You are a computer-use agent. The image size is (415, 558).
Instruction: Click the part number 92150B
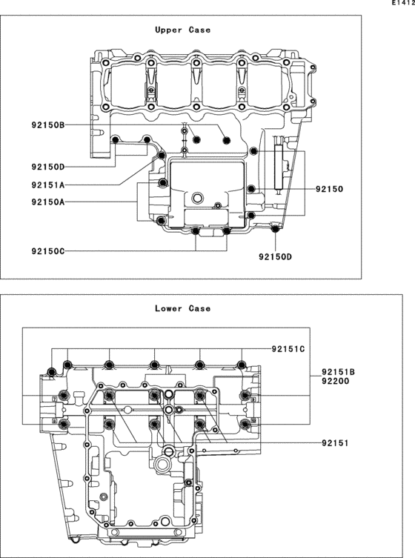click(x=48, y=125)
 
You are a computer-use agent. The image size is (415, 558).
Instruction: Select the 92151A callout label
click(x=48, y=185)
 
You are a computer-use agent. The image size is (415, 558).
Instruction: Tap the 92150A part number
click(x=48, y=202)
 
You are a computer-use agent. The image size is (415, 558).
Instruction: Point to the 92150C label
click(x=48, y=251)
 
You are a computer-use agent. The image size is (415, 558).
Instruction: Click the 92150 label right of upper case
click(x=330, y=189)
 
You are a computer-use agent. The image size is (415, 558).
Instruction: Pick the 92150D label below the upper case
click(x=275, y=256)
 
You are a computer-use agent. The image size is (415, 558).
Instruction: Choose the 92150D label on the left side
click(x=48, y=167)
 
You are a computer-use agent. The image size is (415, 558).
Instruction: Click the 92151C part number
click(x=288, y=349)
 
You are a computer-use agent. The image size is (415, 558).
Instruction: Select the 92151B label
click(x=339, y=372)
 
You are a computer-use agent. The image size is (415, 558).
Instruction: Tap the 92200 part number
click(x=336, y=381)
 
